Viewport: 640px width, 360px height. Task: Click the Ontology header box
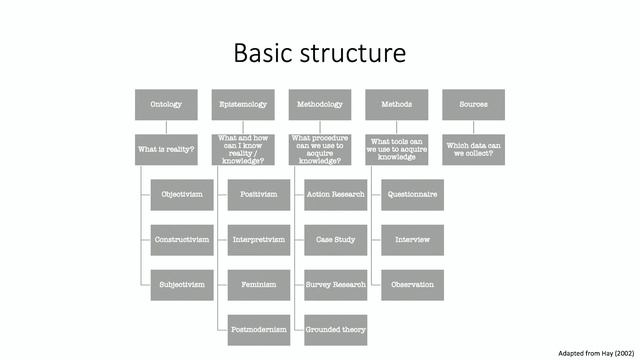pyautogui.click(x=166, y=104)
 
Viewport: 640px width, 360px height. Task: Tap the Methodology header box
pyautogui.click(x=320, y=104)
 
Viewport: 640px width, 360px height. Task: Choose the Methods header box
pyautogui.click(x=397, y=104)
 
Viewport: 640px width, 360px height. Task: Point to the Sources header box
pyautogui.click(x=474, y=104)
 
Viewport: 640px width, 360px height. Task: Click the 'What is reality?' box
pyautogui.click(x=166, y=150)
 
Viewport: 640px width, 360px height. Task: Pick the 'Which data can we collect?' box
pyautogui.click(x=474, y=150)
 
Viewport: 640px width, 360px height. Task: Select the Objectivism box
pyautogui.click(x=182, y=194)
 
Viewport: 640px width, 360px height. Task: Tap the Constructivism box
pyautogui.click(x=182, y=240)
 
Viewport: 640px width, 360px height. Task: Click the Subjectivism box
pyautogui.click(x=182, y=285)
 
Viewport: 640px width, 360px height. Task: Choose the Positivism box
pyautogui.click(x=259, y=194)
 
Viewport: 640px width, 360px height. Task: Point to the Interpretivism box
pyautogui.click(x=259, y=240)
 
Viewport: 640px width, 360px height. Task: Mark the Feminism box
pyautogui.click(x=259, y=285)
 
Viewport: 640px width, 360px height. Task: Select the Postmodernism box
pyautogui.click(x=259, y=329)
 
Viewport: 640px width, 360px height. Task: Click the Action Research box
pyautogui.click(x=336, y=194)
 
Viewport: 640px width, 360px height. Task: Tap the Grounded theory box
pyautogui.click(x=336, y=329)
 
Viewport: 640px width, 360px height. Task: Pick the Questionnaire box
pyautogui.click(x=412, y=194)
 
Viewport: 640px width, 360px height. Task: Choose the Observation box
pyautogui.click(x=412, y=285)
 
